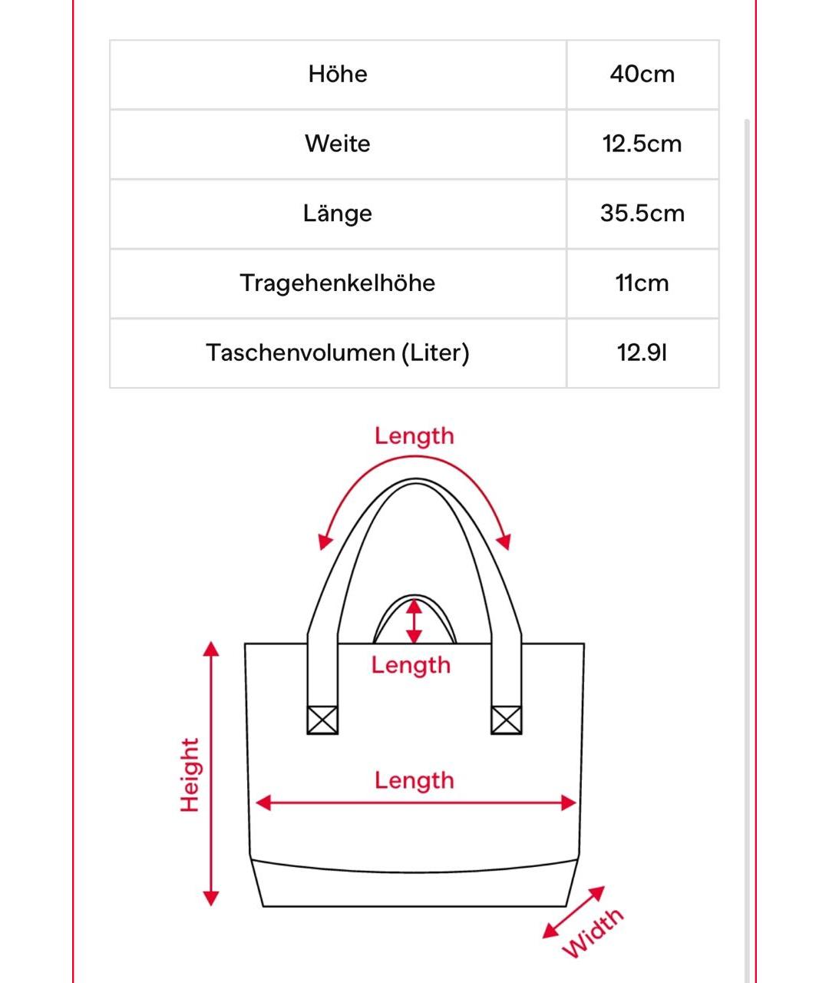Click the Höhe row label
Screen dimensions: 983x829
pyautogui.click(x=338, y=74)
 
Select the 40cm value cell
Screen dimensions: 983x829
pyautogui.click(x=642, y=74)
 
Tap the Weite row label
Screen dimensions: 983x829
pyautogui.click(x=338, y=144)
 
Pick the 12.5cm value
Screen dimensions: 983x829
pyautogui.click(x=642, y=144)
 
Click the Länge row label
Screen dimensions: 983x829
pyautogui.click(x=338, y=213)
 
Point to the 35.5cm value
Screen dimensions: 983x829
pyautogui.click(x=642, y=213)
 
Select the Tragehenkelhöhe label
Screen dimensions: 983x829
pyautogui.click(x=338, y=283)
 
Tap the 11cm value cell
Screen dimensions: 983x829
pyautogui.click(x=642, y=283)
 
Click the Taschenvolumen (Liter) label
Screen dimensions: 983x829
pyautogui.click(x=338, y=353)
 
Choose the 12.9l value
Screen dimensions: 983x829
pyautogui.click(x=642, y=353)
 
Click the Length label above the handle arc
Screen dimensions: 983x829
pyautogui.click(x=414, y=436)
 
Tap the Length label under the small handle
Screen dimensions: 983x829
pyautogui.click(x=411, y=665)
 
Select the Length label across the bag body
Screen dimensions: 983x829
pyautogui.click(x=414, y=780)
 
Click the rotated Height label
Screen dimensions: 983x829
pyautogui.click(x=190, y=775)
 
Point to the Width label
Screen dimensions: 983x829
pyautogui.click(x=593, y=932)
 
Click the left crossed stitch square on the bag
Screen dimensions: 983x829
pyautogui.click(x=322, y=720)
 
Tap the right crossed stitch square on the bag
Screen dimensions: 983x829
pyautogui.click(x=506, y=720)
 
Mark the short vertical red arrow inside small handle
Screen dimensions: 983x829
pyautogui.click(x=414, y=621)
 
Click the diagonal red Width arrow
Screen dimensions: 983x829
pyautogui.click(x=573, y=912)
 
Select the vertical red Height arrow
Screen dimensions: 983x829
pyautogui.click(x=211, y=774)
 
